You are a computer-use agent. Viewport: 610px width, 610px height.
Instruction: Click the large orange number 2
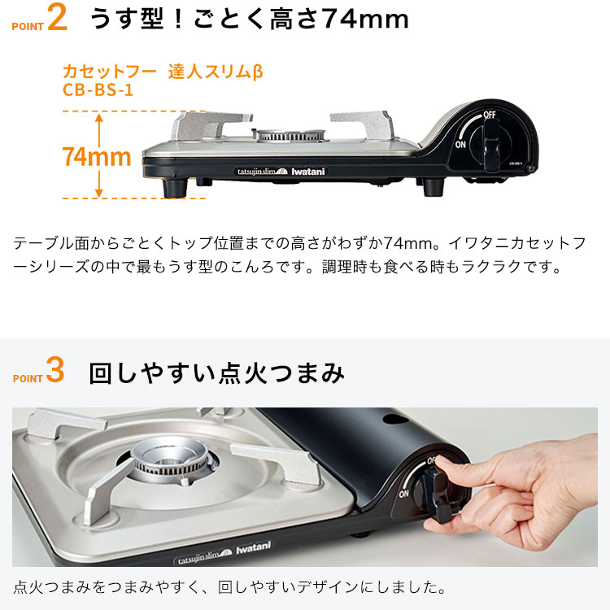coord(57,20)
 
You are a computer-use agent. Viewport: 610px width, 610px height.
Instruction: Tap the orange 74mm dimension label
coord(96,156)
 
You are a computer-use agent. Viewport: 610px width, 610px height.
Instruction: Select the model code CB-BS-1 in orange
coord(98,89)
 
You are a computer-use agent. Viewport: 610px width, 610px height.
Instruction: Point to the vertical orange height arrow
coord(98,155)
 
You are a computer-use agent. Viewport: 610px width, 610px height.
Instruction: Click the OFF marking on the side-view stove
coord(489,115)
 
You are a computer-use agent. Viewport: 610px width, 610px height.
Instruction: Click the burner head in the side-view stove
coord(290,135)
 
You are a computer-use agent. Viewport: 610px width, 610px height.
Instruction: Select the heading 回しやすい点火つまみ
coord(216,373)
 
